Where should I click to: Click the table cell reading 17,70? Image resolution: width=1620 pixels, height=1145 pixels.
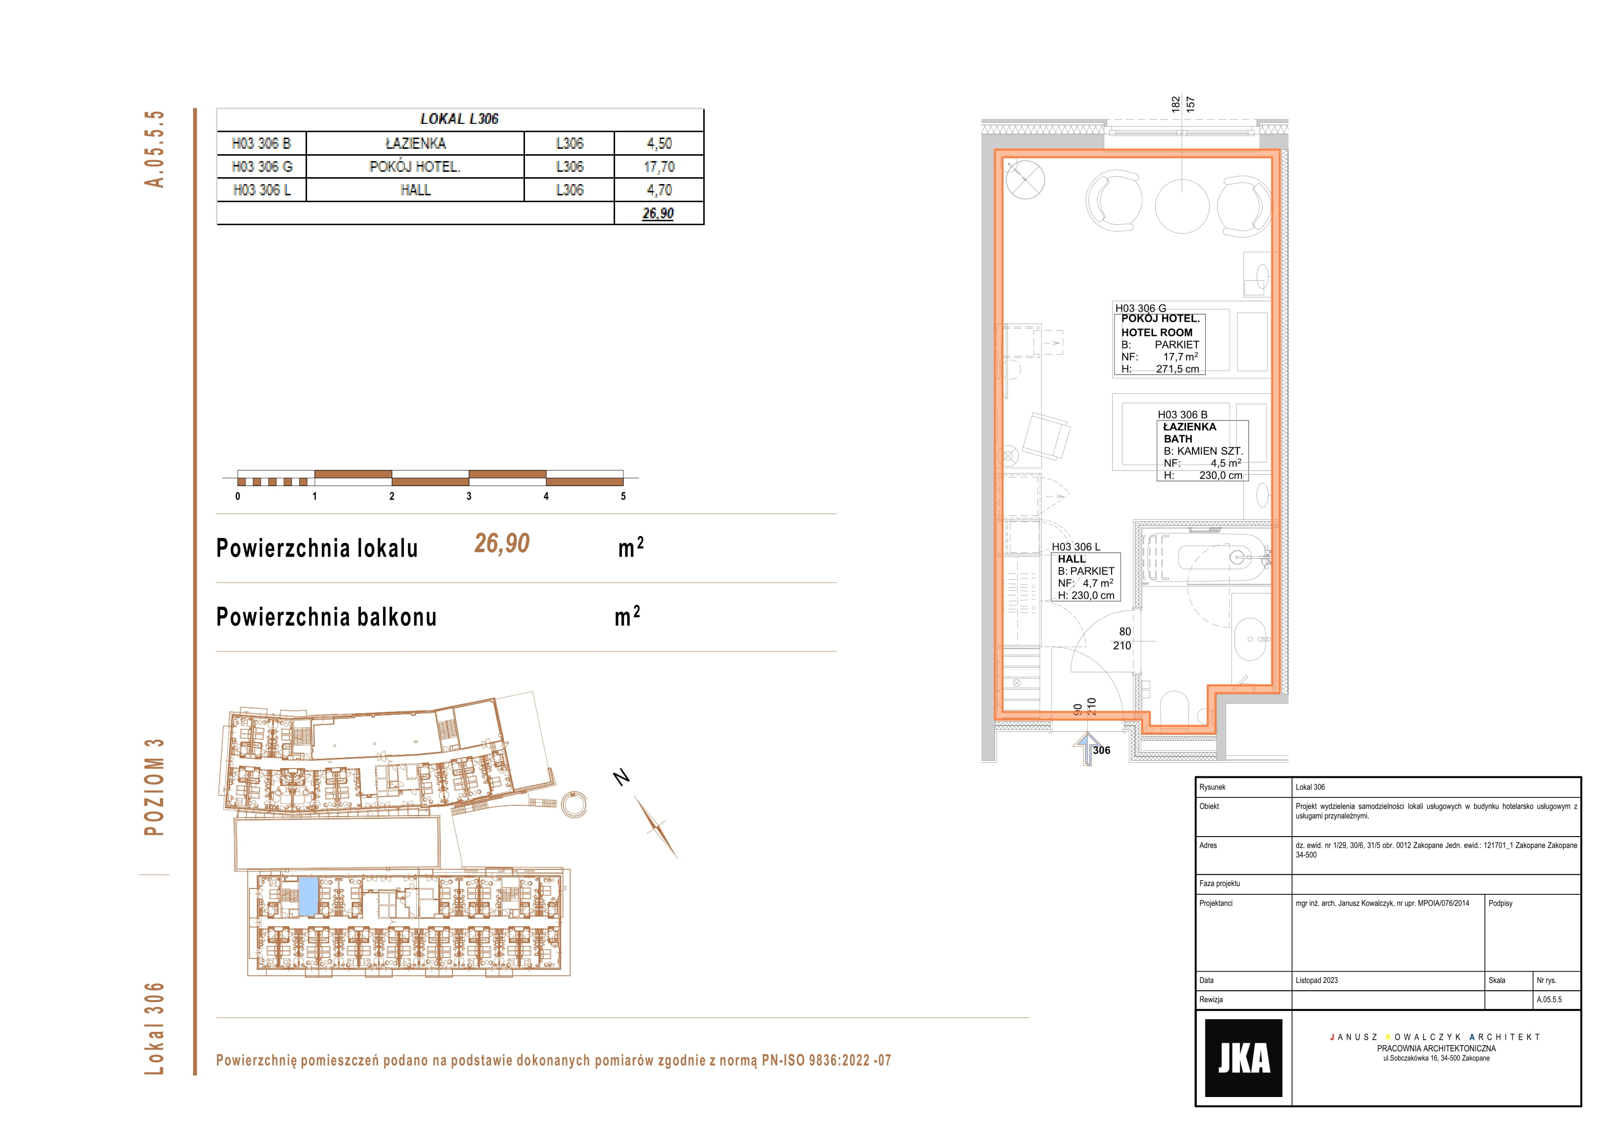click(x=659, y=166)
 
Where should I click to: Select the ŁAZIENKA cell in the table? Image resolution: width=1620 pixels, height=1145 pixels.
click(x=416, y=143)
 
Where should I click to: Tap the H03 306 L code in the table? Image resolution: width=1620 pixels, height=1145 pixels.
click(x=262, y=190)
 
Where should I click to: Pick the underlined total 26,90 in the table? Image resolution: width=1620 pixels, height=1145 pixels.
click(x=658, y=213)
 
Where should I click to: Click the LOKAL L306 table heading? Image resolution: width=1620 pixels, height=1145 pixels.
click(x=459, y=118)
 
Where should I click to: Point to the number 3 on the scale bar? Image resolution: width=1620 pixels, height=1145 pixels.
click(x=469, y=496)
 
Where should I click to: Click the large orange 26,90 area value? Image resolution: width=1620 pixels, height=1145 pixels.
click(x=501, y=543)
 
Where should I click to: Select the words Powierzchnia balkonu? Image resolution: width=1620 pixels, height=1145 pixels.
click(x=326, y=617)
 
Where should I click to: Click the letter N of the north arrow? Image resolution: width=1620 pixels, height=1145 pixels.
click(x=621, y=777)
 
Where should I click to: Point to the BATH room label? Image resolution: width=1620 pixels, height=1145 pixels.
click(x=1178, y=439)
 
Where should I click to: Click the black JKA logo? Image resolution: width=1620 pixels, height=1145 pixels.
click(x=1243, y=1057)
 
